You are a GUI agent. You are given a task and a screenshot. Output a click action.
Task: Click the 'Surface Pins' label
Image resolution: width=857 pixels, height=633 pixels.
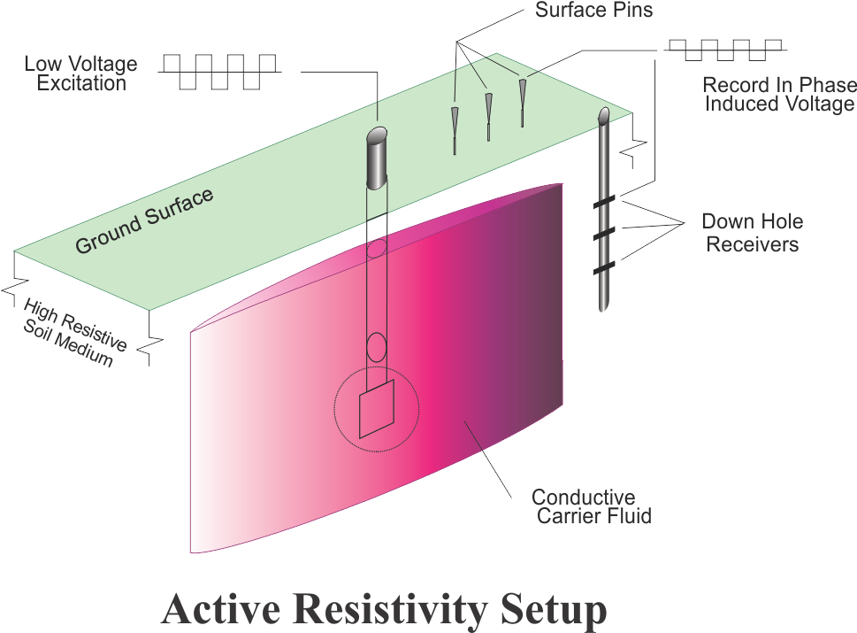pyautogui.click(x=593, y=12)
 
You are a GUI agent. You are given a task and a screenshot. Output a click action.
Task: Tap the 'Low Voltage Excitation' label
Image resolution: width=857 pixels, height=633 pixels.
pyautogui.click(x=80, y=73)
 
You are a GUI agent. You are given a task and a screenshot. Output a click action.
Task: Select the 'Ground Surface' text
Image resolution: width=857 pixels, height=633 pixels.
pyautogui.click(x=144, y=220)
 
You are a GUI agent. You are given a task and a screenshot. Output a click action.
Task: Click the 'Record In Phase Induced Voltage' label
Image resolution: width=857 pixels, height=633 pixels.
pyautogui.click(x=778, y=94)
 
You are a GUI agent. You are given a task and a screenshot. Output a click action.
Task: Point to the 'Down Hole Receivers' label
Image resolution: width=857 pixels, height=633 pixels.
pyautogui.click(x=752, y=233)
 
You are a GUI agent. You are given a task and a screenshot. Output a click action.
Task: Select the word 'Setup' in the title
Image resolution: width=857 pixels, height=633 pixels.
pyautogui.click(x=553, y=610)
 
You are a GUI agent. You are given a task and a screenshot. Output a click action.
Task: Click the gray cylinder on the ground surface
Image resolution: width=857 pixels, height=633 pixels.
pyautogui.click(x=379, y=158)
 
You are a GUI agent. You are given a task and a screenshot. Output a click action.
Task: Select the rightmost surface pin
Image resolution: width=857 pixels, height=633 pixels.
pyautogui.click(x=523, y=98)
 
